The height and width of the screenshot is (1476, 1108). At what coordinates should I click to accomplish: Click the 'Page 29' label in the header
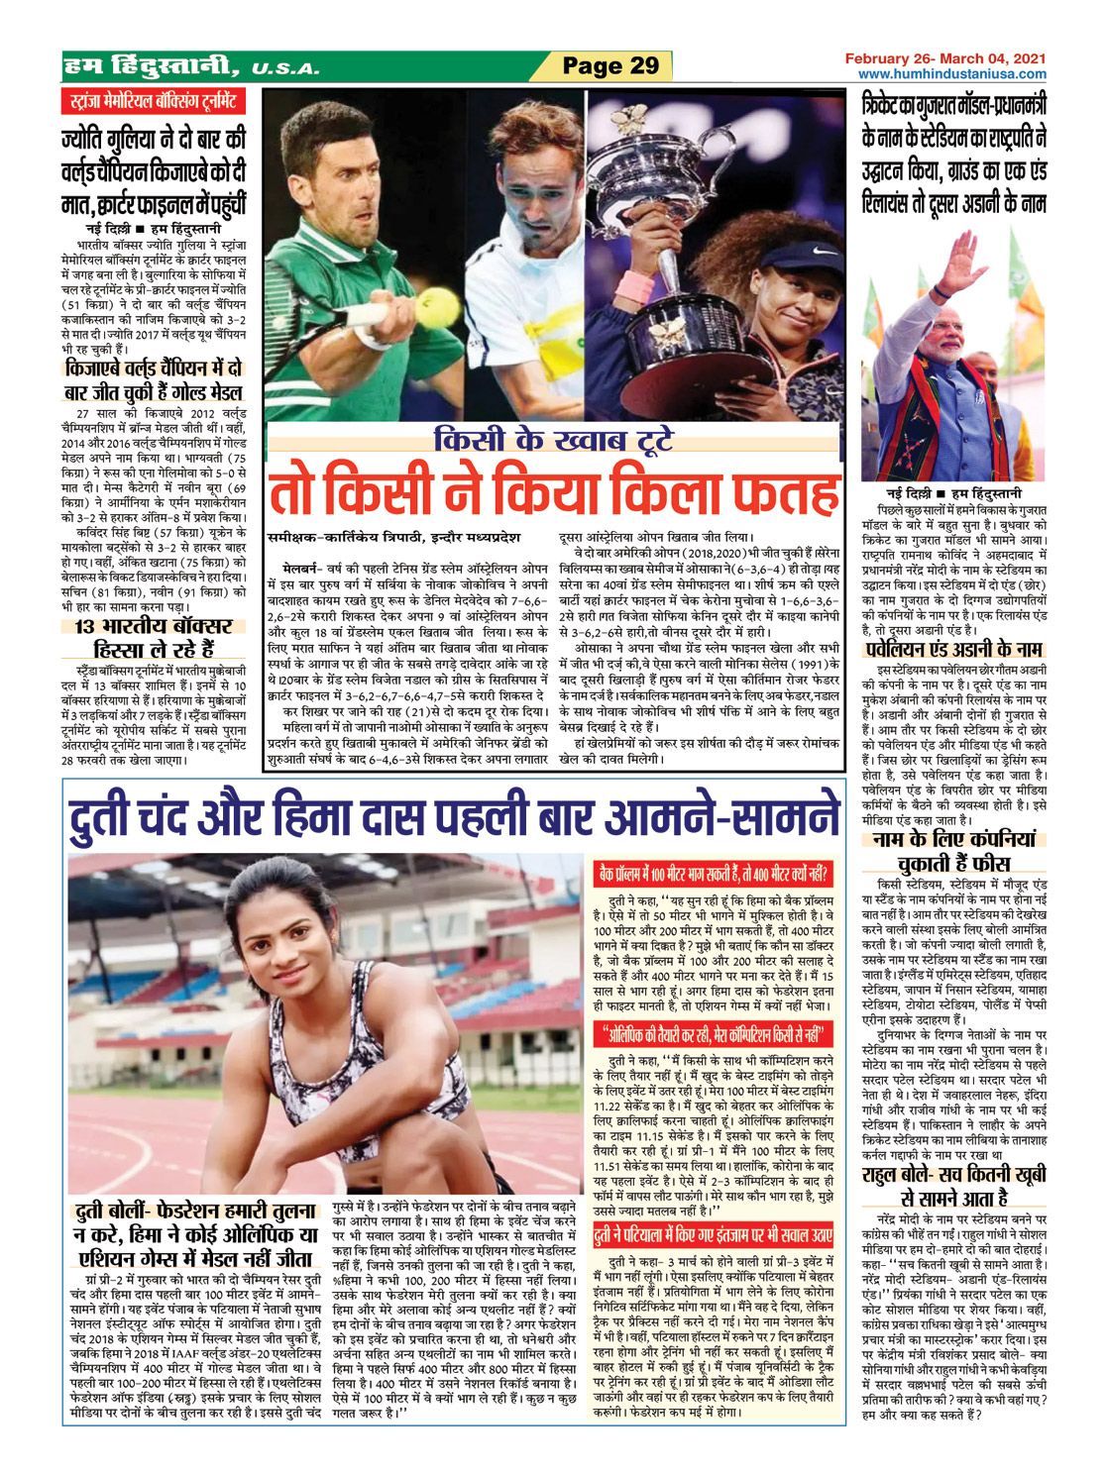tap(609, 66)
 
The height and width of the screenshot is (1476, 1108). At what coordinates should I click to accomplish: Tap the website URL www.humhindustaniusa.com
tap(951, 74)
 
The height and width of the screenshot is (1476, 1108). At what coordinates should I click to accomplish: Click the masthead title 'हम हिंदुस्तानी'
tap(149, 66)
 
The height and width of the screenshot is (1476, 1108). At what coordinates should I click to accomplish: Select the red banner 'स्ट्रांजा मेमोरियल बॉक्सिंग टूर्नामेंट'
tap(152, 102)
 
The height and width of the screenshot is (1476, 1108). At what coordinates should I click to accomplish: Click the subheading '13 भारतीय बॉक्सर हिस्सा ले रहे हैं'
tap(153, 638)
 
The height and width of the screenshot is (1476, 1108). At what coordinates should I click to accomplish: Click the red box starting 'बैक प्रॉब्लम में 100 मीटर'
tap(712, 873)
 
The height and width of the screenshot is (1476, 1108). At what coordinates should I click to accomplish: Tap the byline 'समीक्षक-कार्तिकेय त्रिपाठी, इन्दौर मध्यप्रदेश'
tap(394, 537)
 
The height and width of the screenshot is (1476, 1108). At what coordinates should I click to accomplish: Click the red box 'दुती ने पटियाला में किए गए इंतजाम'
tap(712, 1234)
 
